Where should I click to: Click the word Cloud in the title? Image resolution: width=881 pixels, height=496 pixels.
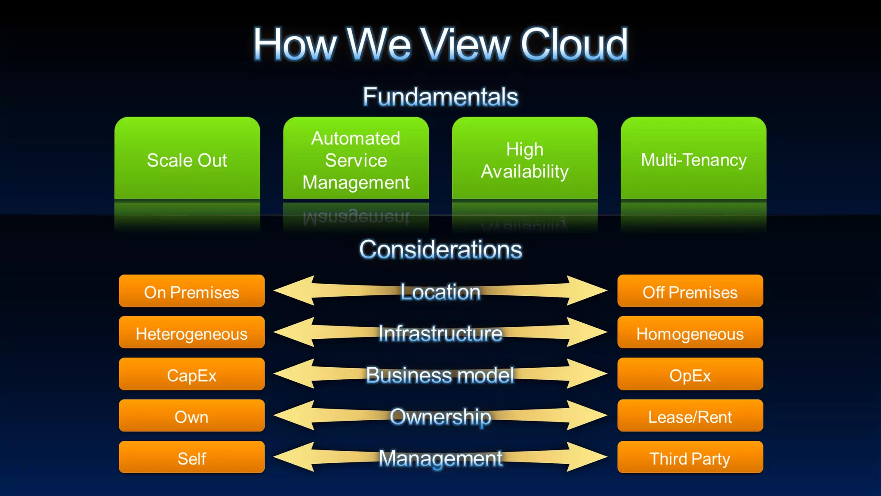coord(574,44)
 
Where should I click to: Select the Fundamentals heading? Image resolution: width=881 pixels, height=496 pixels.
coord(440,96)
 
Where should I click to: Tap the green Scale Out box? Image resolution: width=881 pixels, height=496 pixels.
coord(187,159)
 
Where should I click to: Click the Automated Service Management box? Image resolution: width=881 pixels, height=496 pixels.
coord(356,159)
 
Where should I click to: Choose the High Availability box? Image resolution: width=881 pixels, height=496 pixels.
coord(524,159)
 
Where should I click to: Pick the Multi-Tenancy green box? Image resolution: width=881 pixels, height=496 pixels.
coord(693,159)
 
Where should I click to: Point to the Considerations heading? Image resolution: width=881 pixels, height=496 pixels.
coord(440,250)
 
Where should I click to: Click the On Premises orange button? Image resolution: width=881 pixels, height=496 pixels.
coord(191,291)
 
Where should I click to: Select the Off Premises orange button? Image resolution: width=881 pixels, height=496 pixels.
coord(690,291)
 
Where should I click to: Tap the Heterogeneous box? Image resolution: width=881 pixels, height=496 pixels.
coord(191,333)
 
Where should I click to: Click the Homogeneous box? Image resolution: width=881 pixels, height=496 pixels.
coord(690,333)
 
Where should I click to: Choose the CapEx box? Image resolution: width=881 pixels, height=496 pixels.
coord(191,375)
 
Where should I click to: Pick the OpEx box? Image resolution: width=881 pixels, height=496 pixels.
coord(690,375)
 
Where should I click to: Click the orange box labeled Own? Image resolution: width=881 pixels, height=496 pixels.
coord(191,416)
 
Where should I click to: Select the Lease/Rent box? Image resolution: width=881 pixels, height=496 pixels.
coord(690,416)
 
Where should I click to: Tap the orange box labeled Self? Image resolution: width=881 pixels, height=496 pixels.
coord(191,458)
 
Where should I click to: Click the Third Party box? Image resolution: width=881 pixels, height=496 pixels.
coord(690,458)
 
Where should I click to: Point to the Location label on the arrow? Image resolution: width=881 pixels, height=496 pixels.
coord(440,291)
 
